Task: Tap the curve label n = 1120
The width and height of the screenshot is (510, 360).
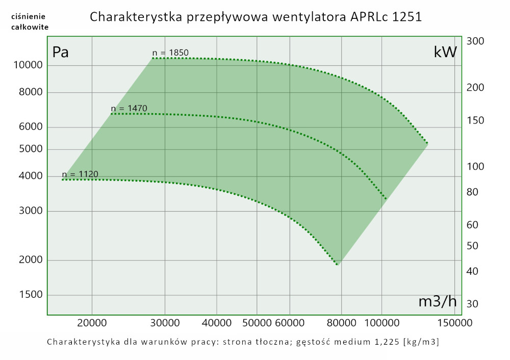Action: coord(80,174)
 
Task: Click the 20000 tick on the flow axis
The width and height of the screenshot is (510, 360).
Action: coord(92,323)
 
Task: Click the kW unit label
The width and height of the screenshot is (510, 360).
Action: coord(445,52)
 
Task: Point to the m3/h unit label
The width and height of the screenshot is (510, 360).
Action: coord(437,301)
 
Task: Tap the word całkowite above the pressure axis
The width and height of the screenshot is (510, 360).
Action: coord(30,27)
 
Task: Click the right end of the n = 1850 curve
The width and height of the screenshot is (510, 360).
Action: coord(427,144)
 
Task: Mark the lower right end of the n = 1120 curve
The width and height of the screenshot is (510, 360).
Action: coord(338,265)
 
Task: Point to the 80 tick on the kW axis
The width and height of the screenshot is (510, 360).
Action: coord(472,192)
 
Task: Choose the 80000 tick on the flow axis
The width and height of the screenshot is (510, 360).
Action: coord(341,323)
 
